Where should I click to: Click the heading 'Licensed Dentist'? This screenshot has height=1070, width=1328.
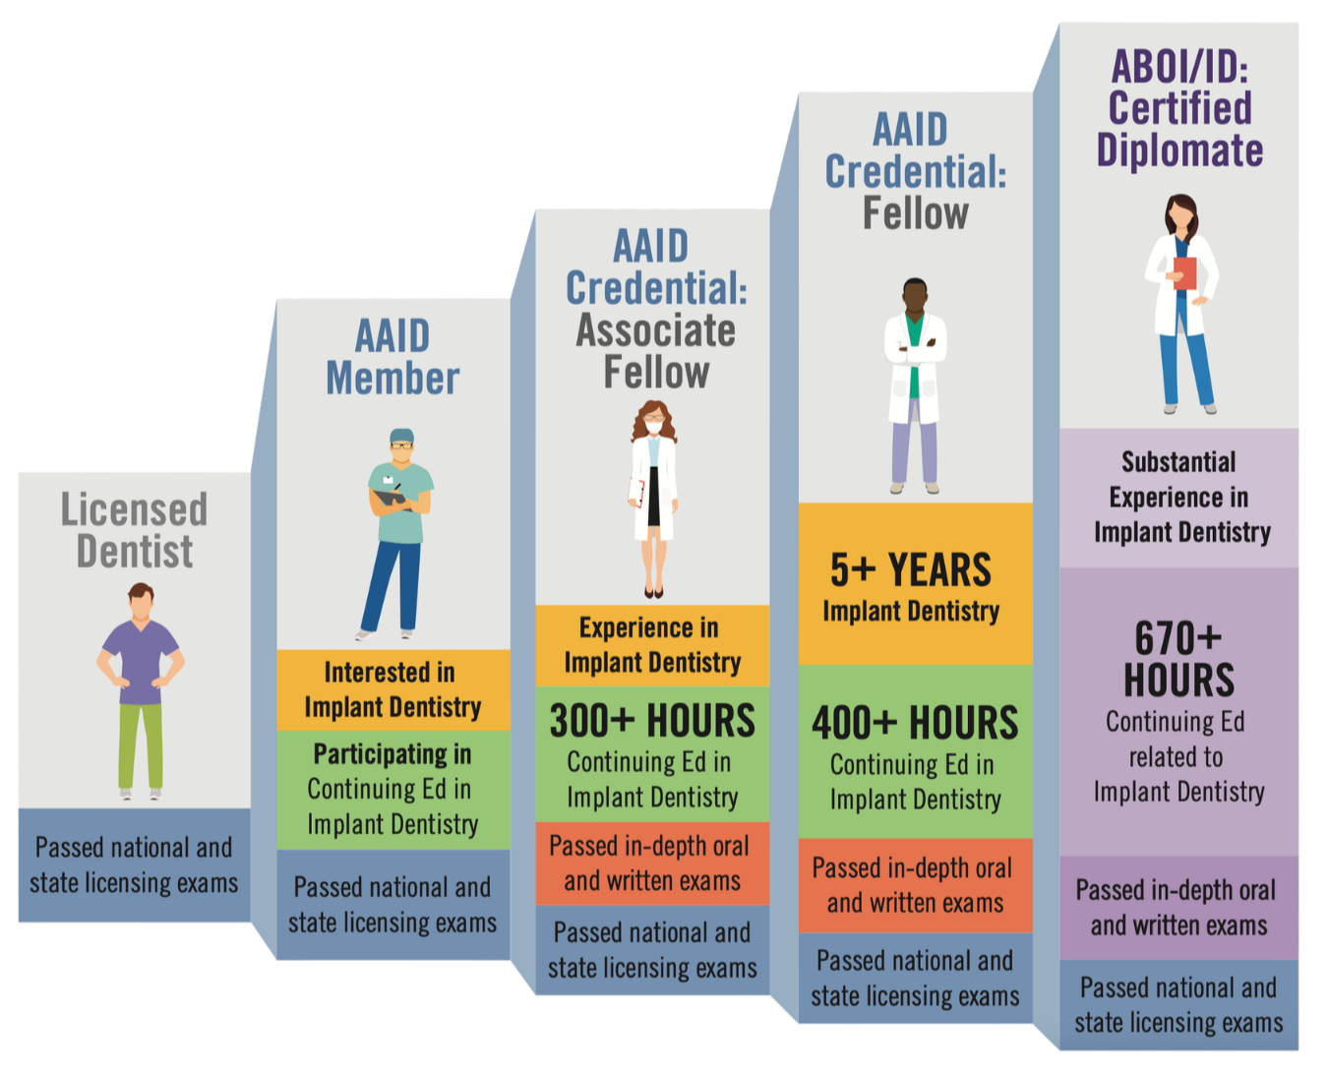[134, 530]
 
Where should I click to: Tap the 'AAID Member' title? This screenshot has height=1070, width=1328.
[392, 357]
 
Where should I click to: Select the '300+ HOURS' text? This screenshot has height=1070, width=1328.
[652, 721]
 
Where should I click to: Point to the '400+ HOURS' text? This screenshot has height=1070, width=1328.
[915, 724]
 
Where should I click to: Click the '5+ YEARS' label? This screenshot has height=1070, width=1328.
[911, 569]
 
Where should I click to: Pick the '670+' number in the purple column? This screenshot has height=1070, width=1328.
[1177, 639]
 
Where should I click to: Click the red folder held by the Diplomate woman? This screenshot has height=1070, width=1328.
[1185, 272]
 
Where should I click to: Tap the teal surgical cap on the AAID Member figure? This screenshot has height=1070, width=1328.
[401, 436]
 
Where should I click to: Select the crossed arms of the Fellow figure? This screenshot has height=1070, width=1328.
[915, 349]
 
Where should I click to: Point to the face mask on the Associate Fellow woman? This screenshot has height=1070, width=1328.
[653, 429]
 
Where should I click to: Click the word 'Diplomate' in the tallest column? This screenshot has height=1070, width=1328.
[1179, 150]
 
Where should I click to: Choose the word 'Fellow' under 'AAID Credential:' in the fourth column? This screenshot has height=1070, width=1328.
[915, 213]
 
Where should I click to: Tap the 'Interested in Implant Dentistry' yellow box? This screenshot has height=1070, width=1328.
[392, 689]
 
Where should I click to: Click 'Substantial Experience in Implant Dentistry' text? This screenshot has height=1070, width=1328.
[1180, 498]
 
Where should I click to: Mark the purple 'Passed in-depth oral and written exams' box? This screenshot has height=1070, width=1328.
[1178, 908]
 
